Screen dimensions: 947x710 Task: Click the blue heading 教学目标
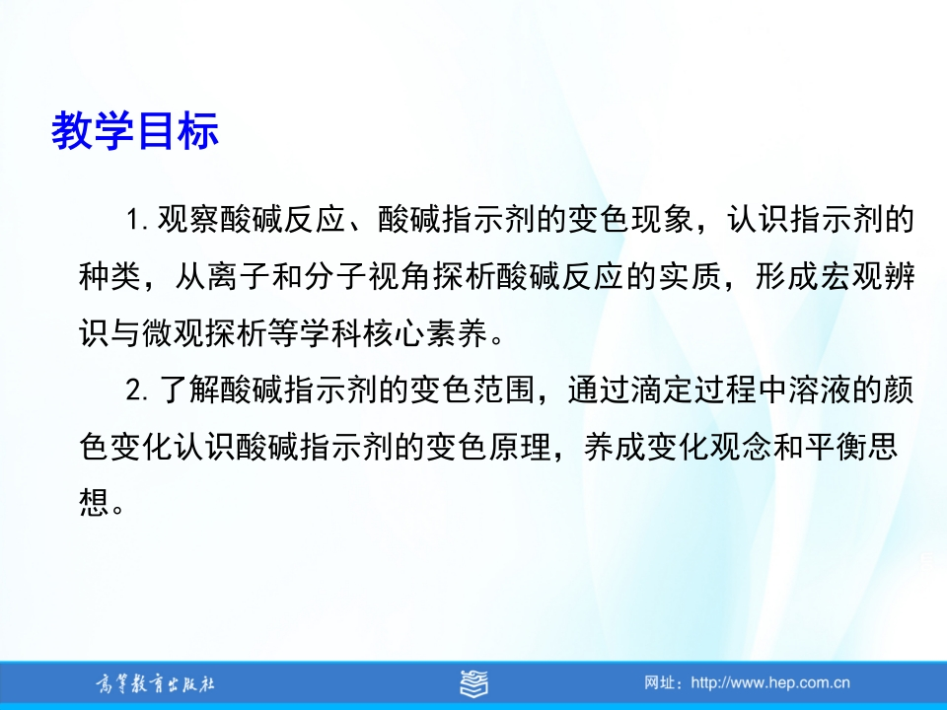[135, 130]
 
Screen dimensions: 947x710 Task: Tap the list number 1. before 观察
[138, 220]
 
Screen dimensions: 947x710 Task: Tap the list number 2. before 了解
[138, 390]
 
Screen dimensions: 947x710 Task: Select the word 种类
[109, 276]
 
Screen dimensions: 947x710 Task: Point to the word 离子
[238, 276]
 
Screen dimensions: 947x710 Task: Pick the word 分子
[334, 276]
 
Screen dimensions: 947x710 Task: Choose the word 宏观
[851, 276]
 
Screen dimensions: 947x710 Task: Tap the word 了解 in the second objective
[189, 390]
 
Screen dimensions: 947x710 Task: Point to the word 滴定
[662, 390]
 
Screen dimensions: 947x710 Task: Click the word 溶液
[819, 390]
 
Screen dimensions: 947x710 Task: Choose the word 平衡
[836, 448]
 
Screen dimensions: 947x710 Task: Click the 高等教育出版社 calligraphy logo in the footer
[155, 684]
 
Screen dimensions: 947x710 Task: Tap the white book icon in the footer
[473, 683]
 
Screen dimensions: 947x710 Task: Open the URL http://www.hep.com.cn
[770, 682]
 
